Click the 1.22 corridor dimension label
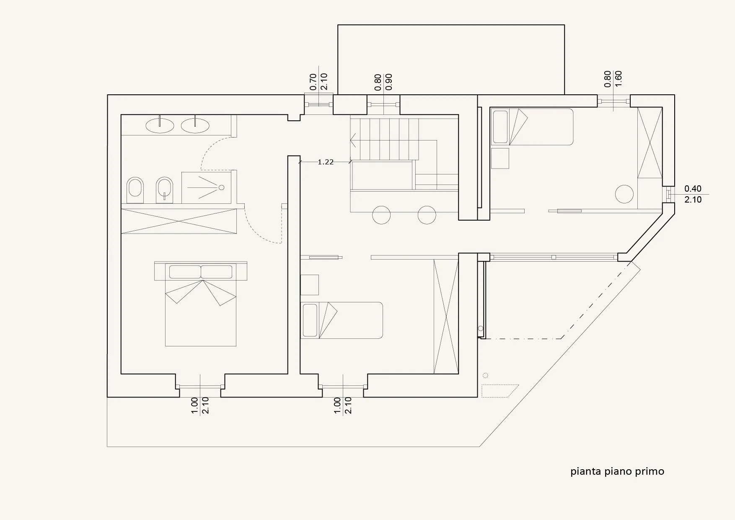(326, 162)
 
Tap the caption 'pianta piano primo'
(617, 471)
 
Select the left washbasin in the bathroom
(160, 125)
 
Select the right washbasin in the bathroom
(195, 125)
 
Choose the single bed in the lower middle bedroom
(342, 320)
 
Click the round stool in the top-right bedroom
(624, 194)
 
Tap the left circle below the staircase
(381, 215)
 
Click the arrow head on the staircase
(353, 140)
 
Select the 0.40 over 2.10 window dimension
(693, 194)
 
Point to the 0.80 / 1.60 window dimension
(613, 79)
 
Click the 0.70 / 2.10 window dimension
(318, 82)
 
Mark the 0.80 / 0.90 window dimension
(383, 82)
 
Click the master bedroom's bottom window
(200, 386)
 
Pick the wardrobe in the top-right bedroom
(650, 143)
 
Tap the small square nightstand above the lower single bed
(310, 285)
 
